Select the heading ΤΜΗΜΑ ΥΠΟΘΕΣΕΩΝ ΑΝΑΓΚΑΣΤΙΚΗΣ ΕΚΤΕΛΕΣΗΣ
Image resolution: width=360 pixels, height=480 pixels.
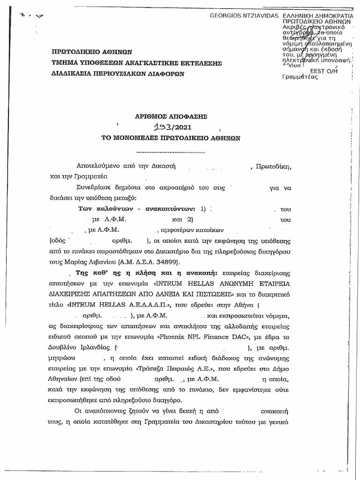136,63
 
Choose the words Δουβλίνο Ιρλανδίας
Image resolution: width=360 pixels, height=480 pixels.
80,348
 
